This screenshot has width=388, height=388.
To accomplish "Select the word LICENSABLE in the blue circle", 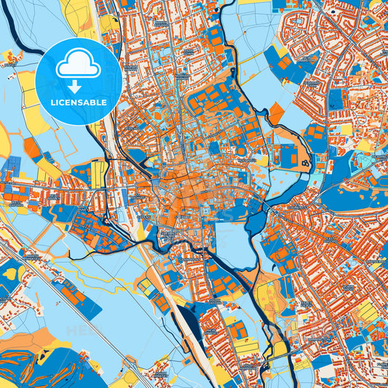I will [78, 103].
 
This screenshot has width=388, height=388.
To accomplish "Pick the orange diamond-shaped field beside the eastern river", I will [277, 113].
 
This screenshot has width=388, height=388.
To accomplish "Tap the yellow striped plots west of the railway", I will [98, 174].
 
